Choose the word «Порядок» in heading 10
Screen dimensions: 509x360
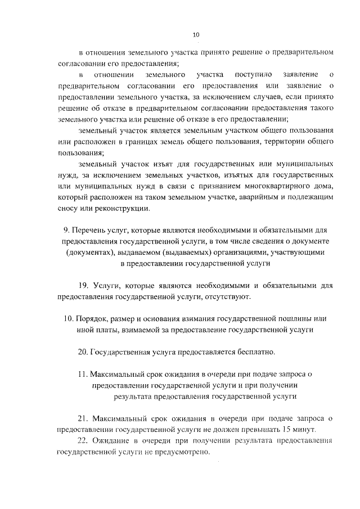[91, 318]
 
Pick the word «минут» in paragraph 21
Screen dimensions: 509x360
[306, 429]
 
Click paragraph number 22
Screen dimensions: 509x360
[83, 440]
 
